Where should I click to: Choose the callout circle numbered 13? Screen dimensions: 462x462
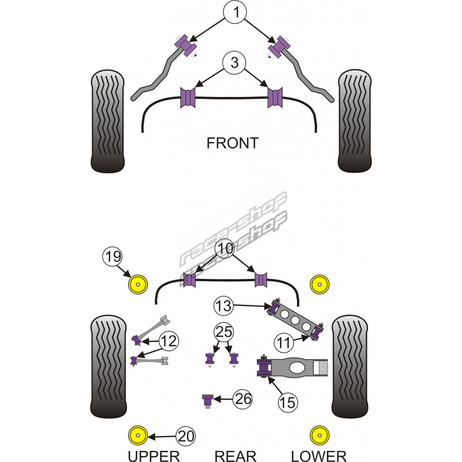pos(224,304)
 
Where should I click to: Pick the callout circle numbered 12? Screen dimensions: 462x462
pos(168,342)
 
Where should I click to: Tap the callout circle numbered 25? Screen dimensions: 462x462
pos(224,333)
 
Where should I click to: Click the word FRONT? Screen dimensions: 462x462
pos(232,143)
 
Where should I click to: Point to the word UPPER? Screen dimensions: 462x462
pos(154,456)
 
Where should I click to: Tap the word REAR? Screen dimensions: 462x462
pos(235,456)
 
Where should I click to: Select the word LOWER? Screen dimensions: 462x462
pos(318,456)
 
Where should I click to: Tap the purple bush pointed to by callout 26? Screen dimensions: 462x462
pos(207,400)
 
